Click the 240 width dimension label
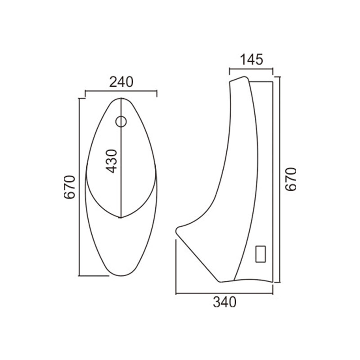pyautogui.click(x=121, y=82)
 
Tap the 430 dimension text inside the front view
pyautogui.click(x=111, y=161)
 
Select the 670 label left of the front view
pyautogui.click(x=70, y=187)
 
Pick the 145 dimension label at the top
pyautogui.click(x=252, y=59)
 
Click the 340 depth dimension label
pyautogui.click(x=225, y=302)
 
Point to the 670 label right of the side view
pyautogui.click(x=291, y=179)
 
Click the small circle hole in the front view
pyautogui.click(x=121, y=121)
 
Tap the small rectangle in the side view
pyautogui.click(x=261, y=254)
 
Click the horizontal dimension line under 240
pyautogui.click(x=121, y=91)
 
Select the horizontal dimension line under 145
pyautogui.click(x=251, y=68)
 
